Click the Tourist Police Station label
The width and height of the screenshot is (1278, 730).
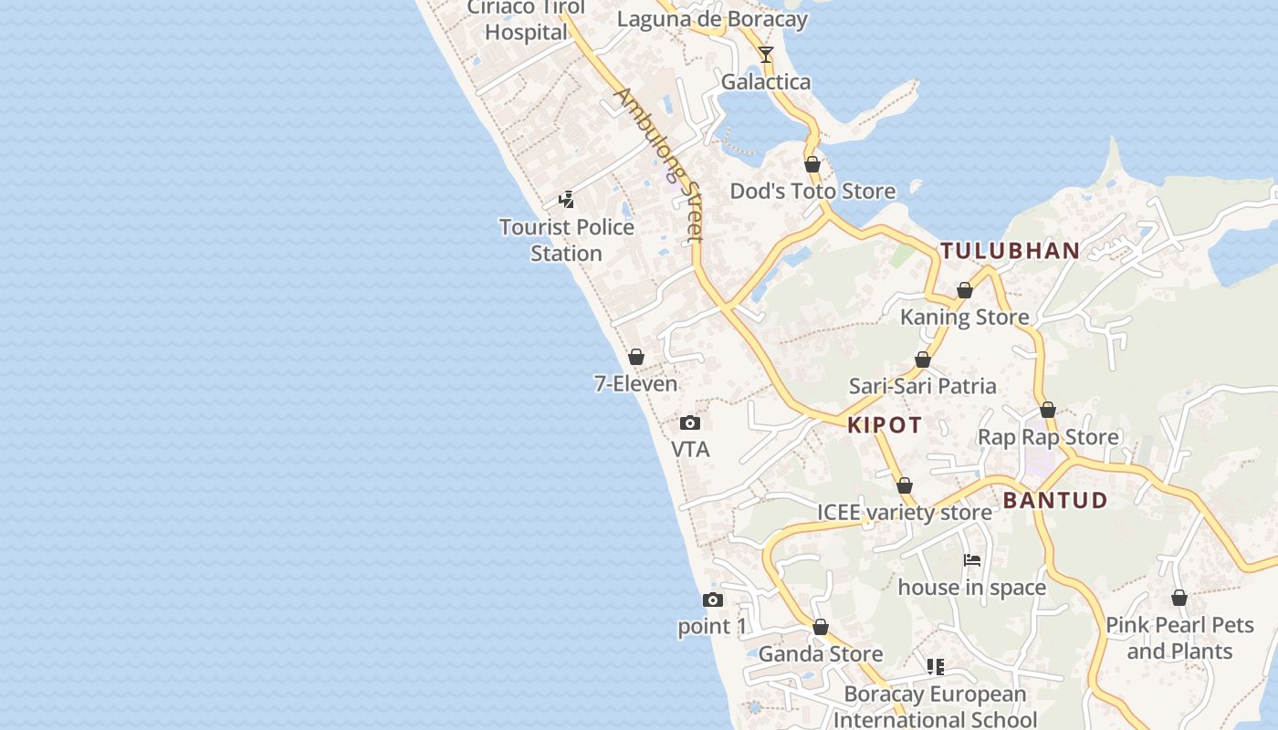coord(566,239)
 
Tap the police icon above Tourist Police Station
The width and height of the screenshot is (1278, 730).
coord(567,199)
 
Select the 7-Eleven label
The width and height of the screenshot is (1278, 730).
coord(635,384)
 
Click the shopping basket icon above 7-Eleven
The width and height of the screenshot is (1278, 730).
coord(636,357)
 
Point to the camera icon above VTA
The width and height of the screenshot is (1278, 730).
coord(690,422)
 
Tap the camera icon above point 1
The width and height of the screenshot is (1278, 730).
coord(712,600)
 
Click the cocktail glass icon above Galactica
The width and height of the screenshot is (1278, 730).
coord(765,55)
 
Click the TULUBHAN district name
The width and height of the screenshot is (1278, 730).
coord(1011,251)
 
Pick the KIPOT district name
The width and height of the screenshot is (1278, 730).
coord(885,424)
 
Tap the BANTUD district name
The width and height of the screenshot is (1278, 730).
coord(1055,500)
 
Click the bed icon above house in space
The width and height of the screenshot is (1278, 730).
coord(972,559)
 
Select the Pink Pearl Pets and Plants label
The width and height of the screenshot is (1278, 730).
coord(1179,638)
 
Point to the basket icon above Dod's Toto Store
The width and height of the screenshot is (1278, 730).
coord(812,164)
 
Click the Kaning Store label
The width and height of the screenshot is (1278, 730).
coord(964,318)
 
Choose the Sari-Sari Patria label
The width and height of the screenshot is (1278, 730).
coord(922,386)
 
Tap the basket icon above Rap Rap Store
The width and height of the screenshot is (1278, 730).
coord(1048,410)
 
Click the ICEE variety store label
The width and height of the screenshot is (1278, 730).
coord(904,513)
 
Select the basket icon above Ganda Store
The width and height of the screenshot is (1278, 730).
coord(821,627)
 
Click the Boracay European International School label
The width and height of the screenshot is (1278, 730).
coord(935,706)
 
